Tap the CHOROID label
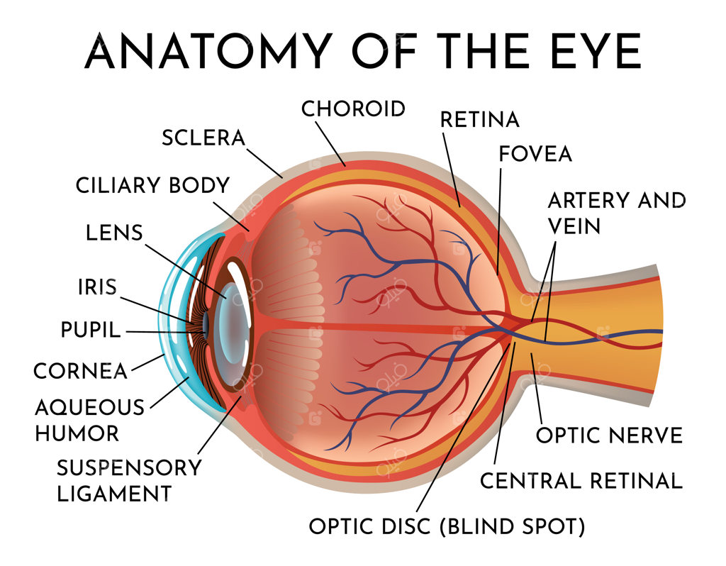click(x=353, y=109)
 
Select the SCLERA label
click(x=203, y=138)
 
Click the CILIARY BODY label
click(x=153, y=185)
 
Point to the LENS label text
click(x=114, y=233)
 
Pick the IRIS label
click(x=97, y=287)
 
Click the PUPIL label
click(x=91, y=331)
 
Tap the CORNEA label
click(x=81, y=371)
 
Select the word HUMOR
click(x=77, y=433)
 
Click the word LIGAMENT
click(x=114, y=494)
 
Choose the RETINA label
click(x=480, y=120)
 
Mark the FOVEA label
click(x=535, y=154)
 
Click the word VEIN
click(x=574, y=226)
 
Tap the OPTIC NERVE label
click(x=609, y=435)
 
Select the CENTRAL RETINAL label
click(x=581, y=481)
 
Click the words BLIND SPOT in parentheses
click(x=512, y=526)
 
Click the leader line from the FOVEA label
click(x=499, y=221)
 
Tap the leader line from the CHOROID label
click(x=330, y=143)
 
